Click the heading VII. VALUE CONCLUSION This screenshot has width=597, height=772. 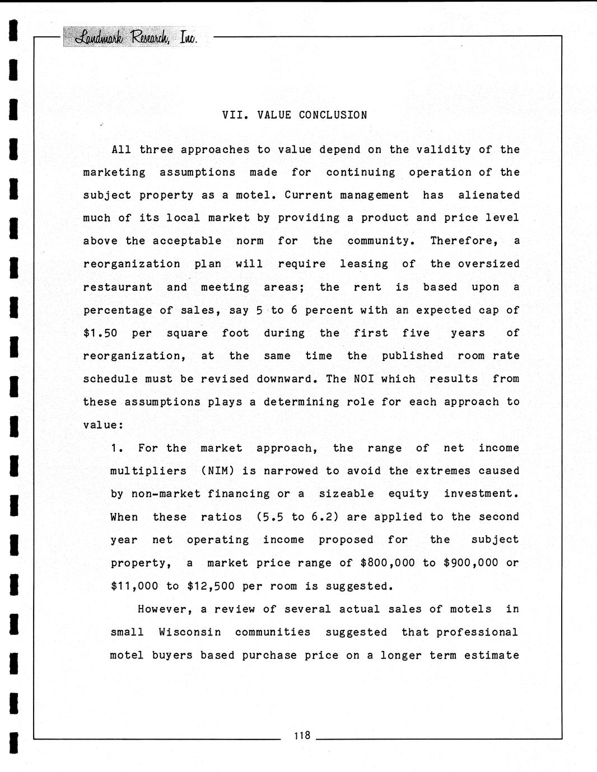click(x=295, y=115)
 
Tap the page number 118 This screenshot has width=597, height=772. click(x=301, y=735)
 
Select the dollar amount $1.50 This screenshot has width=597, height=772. click(x=100, y=333)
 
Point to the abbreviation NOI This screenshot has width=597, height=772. click(x=363, y=379)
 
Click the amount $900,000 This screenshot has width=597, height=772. click(x=470, y=563)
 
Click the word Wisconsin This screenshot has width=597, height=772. click(x=190, y=632)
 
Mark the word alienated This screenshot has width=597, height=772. click(x=489, y=195)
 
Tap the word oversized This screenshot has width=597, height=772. click(x=489, y=264)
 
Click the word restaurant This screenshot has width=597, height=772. click(x=118, y=288)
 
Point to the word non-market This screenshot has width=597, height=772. click(x=166, y=494)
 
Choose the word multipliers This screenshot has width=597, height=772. click(x=148, y=471)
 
